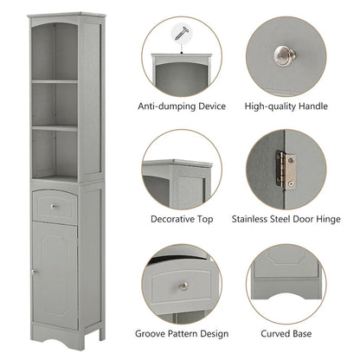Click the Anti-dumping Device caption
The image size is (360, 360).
(182, 106)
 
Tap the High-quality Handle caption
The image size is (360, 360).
(286, 106)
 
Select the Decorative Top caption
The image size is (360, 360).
(182, 219)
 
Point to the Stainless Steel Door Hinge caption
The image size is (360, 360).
(286, 219)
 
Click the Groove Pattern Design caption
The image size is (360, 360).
(182, 332)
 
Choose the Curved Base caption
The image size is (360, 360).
(286, 332)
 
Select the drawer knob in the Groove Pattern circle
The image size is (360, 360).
(183, 285)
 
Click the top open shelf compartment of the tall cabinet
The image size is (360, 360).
(55, 54)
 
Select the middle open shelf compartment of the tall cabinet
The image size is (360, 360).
(55, 105)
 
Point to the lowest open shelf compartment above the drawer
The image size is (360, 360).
(55, 153)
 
